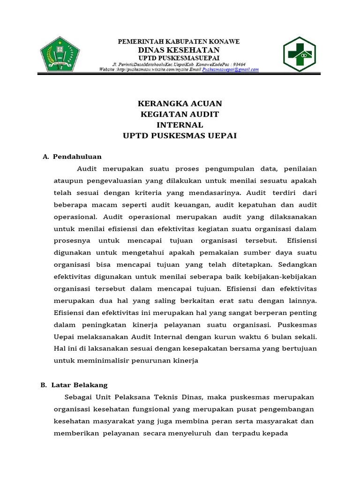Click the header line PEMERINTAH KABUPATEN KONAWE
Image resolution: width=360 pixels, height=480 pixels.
178,42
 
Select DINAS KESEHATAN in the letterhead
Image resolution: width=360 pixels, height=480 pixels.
178,50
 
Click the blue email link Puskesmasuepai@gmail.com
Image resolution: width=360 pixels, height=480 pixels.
230,69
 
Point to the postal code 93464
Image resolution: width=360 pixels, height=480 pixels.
239,64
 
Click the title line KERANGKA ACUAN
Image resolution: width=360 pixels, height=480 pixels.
180,103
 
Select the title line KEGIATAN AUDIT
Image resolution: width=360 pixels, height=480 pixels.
180,114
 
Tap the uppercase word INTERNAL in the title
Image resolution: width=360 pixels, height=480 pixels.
180,125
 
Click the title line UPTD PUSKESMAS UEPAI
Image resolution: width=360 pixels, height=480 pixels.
180,136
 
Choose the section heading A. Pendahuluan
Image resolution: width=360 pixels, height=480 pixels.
72,157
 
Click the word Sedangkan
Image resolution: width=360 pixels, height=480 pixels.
298,263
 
